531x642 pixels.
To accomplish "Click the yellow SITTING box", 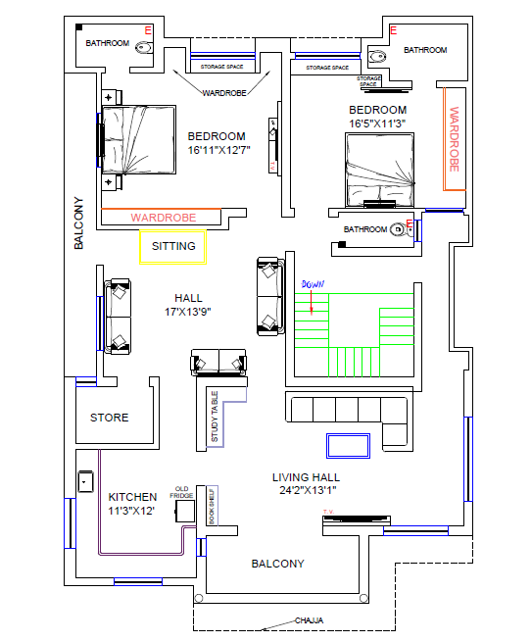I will click(173, 247).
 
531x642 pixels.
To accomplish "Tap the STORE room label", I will click(109, 418).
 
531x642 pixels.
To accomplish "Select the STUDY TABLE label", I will click(216, 418).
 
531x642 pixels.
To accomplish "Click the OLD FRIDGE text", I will click(182, 492).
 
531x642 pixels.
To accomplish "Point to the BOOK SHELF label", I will click(211, 506).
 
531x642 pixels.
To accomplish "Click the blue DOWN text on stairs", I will click(312, 284).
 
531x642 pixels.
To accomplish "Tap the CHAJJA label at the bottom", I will click(310, 620).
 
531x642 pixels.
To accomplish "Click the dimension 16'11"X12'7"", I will click(219, 150).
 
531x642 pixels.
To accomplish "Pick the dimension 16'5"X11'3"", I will click(377, 123).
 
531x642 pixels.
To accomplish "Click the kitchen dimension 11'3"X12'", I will click(132, 511).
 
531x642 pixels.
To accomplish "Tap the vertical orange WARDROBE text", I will click(454, 141).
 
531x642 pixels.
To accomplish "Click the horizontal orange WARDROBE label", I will click(163, 217).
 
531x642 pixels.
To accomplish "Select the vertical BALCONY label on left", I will click(79, 223).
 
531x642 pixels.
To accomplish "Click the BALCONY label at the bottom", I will click(277, 564).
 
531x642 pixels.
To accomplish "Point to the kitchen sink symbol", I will click(86, 481).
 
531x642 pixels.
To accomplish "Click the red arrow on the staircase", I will click(312, 306).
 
